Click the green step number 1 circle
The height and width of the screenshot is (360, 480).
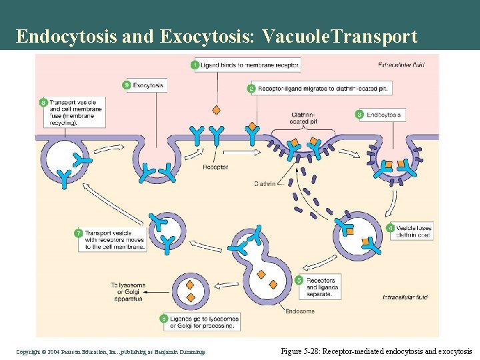pos(195,65)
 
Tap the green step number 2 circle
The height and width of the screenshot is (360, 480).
pos(251,88)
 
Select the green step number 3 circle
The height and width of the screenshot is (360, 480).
pos(360,115)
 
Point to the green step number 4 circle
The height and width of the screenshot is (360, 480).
pos(390,228)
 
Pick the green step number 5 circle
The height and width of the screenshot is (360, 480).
pos(299,281)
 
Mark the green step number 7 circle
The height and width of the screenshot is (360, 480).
pos(79,234)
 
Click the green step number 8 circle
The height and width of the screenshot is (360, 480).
pos(43,103)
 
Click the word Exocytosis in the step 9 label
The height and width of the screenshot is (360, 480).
pos(149,85)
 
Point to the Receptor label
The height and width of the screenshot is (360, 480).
pos(215,167)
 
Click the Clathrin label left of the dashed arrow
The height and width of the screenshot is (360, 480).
pos(265,185)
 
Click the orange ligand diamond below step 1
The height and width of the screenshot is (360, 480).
pos(215,109)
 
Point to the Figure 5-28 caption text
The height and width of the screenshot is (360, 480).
pos(376,351)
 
